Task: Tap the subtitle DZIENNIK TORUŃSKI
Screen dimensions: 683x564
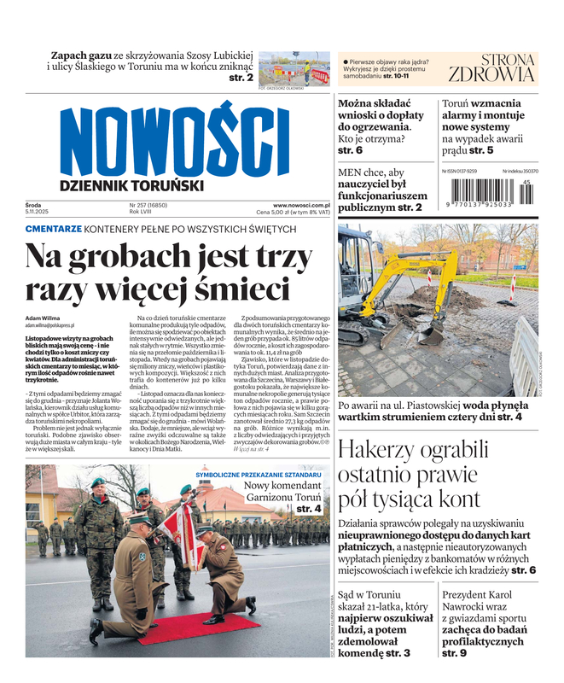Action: pos(131,185)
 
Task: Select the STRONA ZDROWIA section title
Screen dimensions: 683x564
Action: pos(491,67)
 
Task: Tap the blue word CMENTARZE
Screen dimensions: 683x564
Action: pos(53,229)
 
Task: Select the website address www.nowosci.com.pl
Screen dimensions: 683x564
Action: pos(301,205)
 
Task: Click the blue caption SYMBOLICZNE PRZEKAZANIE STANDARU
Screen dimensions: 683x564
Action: pos(259,474)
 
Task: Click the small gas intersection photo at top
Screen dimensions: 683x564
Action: pos(294,68)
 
